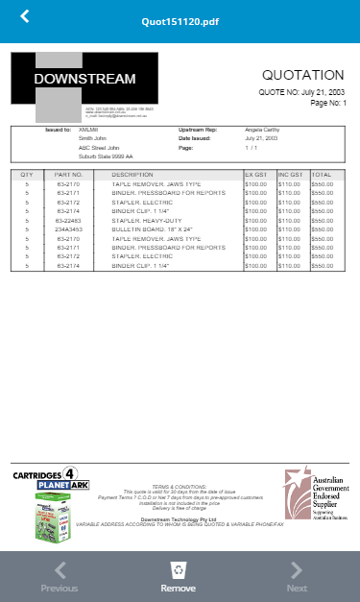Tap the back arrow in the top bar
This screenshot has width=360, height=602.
25,16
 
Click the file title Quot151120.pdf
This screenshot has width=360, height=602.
180,20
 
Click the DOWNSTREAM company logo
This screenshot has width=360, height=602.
84,86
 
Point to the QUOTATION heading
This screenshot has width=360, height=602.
302,75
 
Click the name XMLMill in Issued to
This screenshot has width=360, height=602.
88,129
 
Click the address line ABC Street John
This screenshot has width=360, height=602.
99,148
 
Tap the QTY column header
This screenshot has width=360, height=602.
27,176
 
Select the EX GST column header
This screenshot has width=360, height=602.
256,176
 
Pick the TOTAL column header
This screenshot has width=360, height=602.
322,176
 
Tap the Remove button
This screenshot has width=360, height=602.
179,576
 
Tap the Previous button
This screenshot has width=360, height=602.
59,576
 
